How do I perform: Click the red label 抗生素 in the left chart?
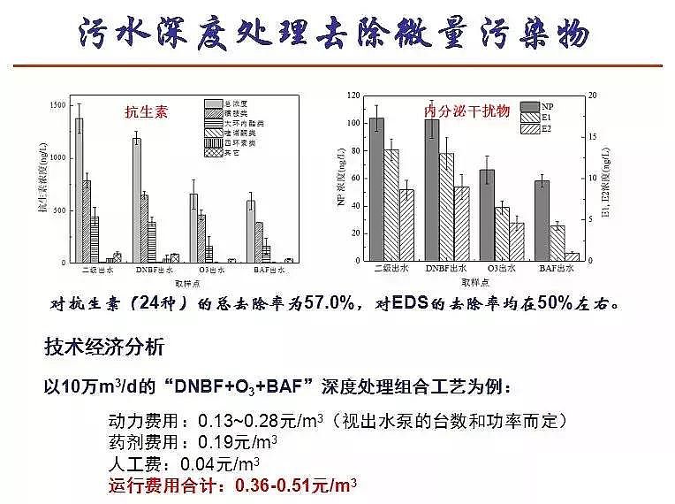[x=146, y=112]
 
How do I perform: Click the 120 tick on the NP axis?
[x=353, y=95]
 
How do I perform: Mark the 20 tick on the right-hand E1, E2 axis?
[x=593, y=95]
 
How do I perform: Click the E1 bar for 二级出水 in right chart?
[x=391, y=205]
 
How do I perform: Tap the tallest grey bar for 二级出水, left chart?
[x=79, y=190]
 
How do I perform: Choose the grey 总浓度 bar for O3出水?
[x=193, y=228]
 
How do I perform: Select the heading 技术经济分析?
[x=103, y=347]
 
